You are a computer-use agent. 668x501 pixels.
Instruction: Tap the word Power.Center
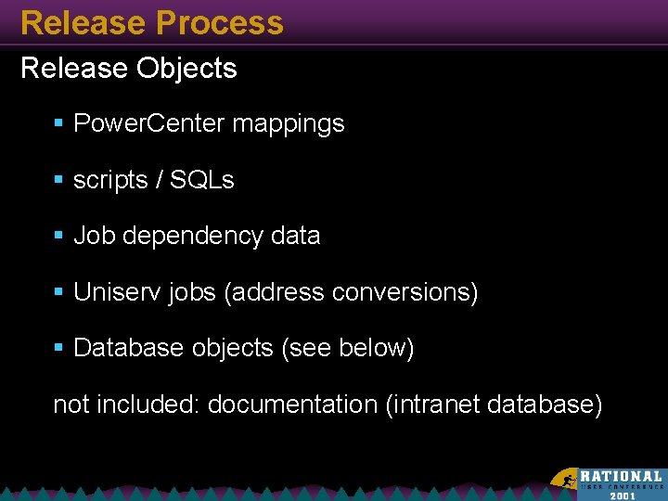pos(148,123)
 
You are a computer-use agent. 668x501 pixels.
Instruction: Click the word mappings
pos(289,124)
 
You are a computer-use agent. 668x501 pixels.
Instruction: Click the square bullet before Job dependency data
pos(59,237)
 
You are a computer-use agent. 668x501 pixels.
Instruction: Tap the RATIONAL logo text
pos(621,476)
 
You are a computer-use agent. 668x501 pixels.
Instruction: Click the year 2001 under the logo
pos(623,495)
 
